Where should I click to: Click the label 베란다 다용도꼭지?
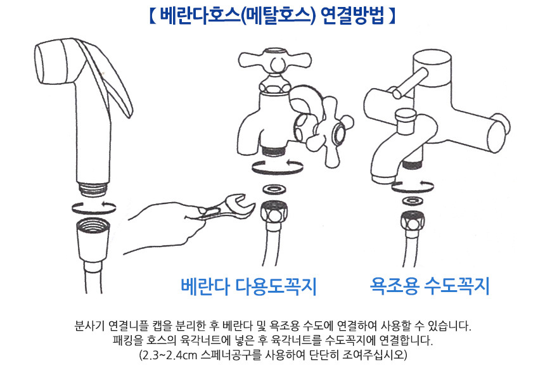pos(248,286)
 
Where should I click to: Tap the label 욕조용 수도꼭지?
pos(430,286)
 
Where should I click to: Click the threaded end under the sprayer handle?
pos(93,189)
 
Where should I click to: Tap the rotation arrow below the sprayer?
pos(94,207)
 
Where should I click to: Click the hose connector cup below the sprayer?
pos(93,240)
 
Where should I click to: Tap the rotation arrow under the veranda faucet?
pos(278,167)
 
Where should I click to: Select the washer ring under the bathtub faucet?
pos(412,201)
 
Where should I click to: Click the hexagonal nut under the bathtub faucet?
pos(413,220)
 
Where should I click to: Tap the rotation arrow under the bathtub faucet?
pos(412,186)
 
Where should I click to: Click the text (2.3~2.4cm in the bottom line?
pos(168,355)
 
